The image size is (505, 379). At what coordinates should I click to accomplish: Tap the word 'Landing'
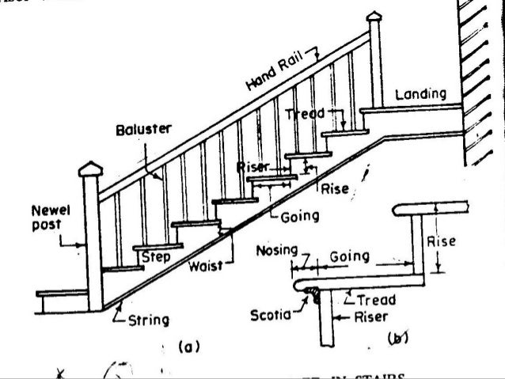point(420,94)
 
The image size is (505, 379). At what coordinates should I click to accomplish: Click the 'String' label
point(148,320)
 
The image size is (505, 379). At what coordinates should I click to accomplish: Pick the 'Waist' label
point(205,267)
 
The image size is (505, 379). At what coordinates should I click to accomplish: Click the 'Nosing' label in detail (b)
point(275,252)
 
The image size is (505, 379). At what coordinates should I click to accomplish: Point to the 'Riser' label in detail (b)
point(369,317)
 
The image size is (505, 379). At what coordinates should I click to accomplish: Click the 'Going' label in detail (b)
point(349,256)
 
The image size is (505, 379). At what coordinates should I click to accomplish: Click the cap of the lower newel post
point(91,169)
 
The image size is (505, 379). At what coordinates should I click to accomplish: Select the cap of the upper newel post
point(374,17)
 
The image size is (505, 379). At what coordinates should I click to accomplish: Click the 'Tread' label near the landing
point(305,114)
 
